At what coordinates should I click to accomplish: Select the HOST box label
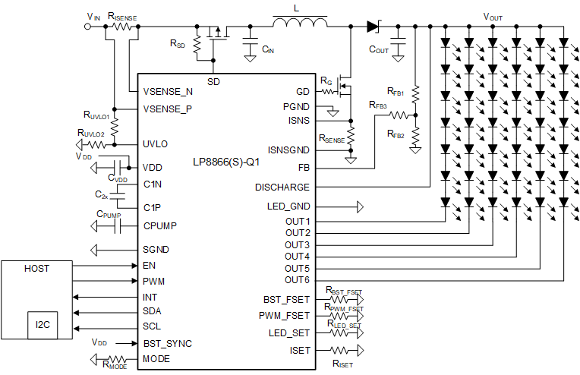tap(37, 269)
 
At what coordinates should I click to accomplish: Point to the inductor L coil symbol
tap(300, 24)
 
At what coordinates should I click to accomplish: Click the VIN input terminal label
tap(93, 16)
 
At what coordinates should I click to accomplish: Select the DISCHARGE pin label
tap(282, 187)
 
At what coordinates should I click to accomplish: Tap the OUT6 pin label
tap(297, 280)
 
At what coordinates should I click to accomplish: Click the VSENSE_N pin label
tap(168, 91)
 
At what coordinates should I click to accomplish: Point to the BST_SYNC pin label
tap(168, 343)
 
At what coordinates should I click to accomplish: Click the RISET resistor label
tap(342, 364)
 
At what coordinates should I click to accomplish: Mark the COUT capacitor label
tap(378, 49)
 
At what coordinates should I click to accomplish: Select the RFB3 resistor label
tap(377, 105)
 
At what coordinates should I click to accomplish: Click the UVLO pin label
tap(156, 143)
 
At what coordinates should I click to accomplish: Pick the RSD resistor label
tap(178, 43)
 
